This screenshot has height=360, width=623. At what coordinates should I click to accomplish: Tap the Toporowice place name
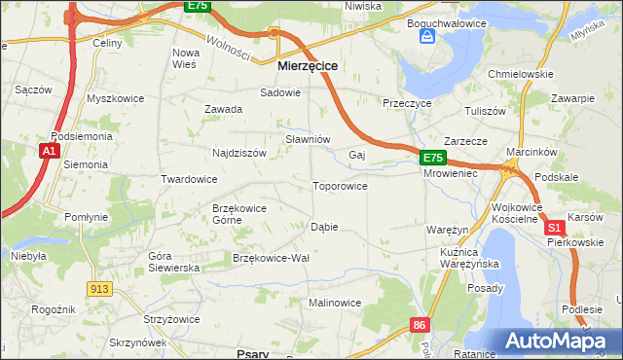tap(339, 186)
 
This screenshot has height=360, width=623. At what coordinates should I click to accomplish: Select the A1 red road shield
tap(49, 151)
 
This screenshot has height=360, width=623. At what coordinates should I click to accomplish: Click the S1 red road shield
tap(555, 227)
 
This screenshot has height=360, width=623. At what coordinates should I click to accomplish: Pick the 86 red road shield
tap(419, 324)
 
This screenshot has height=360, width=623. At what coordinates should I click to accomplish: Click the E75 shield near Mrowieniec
tap(433, 157)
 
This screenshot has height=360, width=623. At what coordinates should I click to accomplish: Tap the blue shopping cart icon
tap(426, 36)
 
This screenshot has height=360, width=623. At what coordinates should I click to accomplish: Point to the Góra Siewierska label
tap(173, 261)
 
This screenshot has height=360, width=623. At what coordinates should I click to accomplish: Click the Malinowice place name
tap(335, 303)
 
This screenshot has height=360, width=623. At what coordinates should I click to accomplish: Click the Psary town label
tap(252, 354)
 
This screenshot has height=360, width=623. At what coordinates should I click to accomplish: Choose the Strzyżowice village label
tap(171, 319)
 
